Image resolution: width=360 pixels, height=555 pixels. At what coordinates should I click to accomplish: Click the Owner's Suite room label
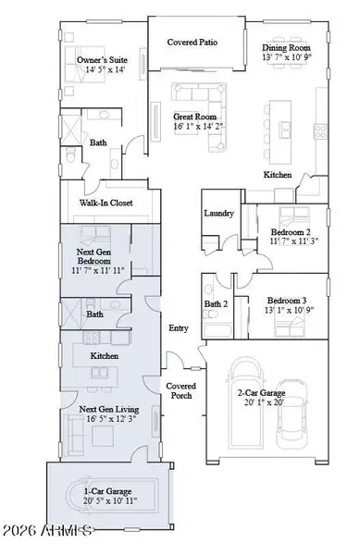(101, 61)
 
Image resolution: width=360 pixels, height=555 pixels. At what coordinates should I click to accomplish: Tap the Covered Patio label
(192, 43)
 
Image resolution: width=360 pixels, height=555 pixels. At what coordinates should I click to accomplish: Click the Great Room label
(193, 117)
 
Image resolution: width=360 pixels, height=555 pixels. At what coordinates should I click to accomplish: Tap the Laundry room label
(218, 214)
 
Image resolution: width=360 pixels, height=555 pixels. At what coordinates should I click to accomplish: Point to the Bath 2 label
(216, 303)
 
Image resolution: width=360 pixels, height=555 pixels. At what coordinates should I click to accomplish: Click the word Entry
(178, 327)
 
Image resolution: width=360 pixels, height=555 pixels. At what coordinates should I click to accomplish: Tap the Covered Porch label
(180, 390)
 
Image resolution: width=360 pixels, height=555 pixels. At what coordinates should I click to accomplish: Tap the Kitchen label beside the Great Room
(279, 174)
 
